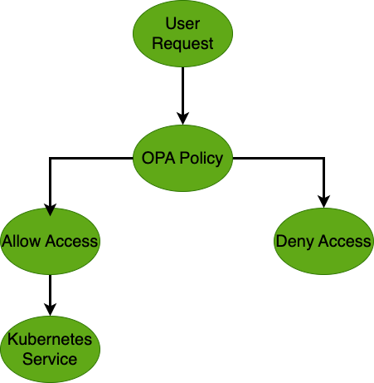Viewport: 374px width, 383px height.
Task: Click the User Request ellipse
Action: [182, 34]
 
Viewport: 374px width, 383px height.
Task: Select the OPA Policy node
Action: [182, 158]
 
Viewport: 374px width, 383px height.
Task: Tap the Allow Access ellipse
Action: [51, 242]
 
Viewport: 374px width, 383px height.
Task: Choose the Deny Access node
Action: [323, 242]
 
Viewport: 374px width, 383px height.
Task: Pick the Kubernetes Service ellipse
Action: [51, 349]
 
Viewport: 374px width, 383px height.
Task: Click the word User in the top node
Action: [182, 25]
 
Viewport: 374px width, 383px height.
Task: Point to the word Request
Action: [182, 43]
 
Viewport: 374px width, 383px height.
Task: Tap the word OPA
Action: [157, 158]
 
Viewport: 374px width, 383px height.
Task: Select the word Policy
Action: [201, 158]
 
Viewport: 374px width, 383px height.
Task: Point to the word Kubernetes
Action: [51, 340]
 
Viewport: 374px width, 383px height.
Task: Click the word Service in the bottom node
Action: [51, 359]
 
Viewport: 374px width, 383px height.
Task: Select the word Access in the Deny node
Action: [344, 242]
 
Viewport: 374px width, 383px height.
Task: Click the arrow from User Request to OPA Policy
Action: [182, 96]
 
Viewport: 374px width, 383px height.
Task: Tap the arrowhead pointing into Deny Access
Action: [323, 201]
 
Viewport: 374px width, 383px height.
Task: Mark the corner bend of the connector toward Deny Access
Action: [323, 158]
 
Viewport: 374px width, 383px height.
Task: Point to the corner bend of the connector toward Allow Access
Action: [51, 158]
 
